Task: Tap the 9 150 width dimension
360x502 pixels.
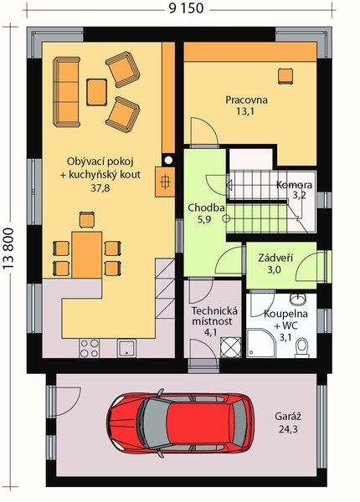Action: tap(186, 8)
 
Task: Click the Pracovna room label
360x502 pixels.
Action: tap(246, 100)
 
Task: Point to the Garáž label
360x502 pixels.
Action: tap(288, 417)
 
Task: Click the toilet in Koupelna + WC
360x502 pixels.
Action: tap(301, 348)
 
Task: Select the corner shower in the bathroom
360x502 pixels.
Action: tap(261, 344)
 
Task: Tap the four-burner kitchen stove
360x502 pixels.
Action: tap(90, 348)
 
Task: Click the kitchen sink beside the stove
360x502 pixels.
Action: tap(126, 348)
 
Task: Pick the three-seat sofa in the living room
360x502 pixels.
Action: tap(67, 92)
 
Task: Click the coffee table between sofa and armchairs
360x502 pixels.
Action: tap(96, 92)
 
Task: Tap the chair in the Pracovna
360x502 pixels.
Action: tap(285, 76)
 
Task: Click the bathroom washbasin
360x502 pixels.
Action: tap(299, 299)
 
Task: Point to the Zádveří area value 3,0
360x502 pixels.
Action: tap(274, 270)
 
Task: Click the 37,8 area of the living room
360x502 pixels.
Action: tap(100, 187)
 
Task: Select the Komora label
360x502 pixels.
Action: tap(294, 185)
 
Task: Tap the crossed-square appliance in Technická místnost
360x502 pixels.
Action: tap(231, 347)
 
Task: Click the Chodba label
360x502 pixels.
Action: tap(206, 207)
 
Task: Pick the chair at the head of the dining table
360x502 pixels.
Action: tap(87, 219)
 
